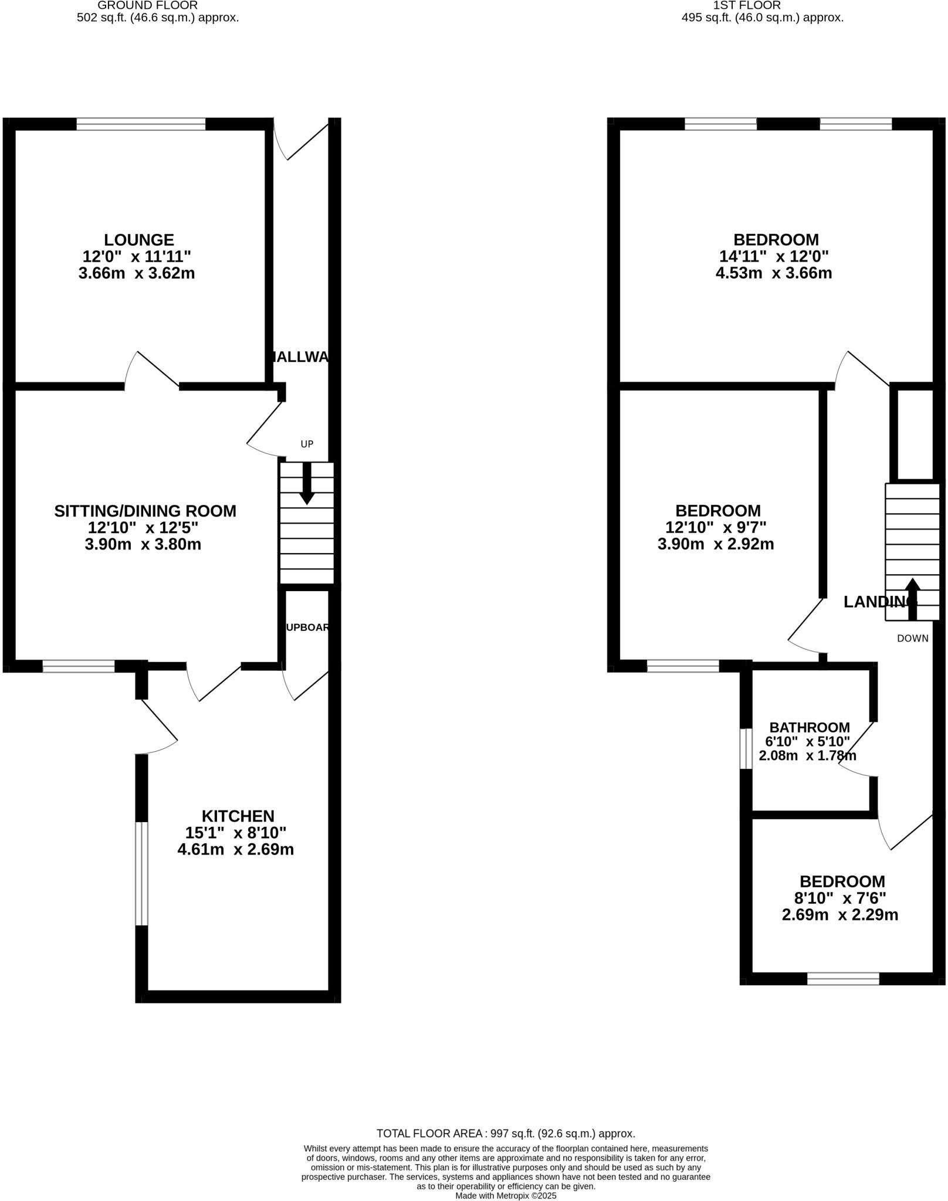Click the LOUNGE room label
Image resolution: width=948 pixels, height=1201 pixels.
pyautogui.click(x=139, y=240)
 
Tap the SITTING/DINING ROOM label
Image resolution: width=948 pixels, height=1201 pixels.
pyautogui.click(x=145, y=511)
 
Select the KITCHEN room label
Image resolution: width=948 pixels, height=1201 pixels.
pyautogui.click(x=238, y=816)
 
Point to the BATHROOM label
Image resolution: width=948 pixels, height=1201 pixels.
pyautogui.click(x=810, y=728)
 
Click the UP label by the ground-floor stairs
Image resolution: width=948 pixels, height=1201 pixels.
pyautogui.click(x=307, y=445)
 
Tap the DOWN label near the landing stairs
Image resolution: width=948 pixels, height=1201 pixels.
pyautogui.click(x=912, y=639)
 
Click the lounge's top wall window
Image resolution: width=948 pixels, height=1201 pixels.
pyautogui.click(x=141, y=124)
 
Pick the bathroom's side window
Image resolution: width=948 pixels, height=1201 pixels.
pyautogui.click(x=746, y=749)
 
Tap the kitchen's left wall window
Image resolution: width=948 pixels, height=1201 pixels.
pyautogui.click(x=141, y=874)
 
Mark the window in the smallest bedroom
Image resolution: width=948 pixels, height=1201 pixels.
pyautogui.click(x=843, y=979)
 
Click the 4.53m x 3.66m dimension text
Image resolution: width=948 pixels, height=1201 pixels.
pyautogui.click(x=774, y=273)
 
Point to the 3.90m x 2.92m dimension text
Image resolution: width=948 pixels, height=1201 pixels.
pyautogui.click(x=716, y=544)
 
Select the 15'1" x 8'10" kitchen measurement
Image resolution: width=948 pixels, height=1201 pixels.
pyautogui.click(x=236, y=833)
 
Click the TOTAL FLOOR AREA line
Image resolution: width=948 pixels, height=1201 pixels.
pyautogui.click(x=506, y=1134)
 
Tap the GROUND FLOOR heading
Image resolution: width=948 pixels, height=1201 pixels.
pyautogui.click(x=147, y=5)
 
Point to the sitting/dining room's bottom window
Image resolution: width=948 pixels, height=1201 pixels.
pyautogui.click(x=79, y=666)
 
